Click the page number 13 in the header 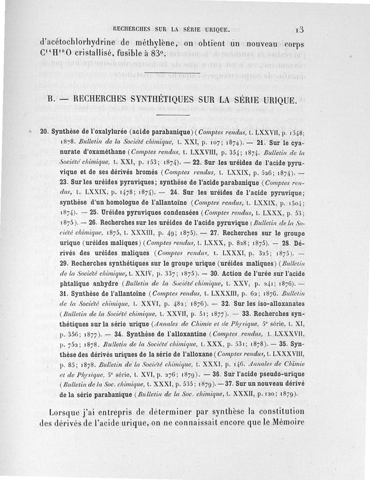point(299,30)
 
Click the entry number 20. point(45,133)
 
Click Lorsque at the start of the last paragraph point(68,412)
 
